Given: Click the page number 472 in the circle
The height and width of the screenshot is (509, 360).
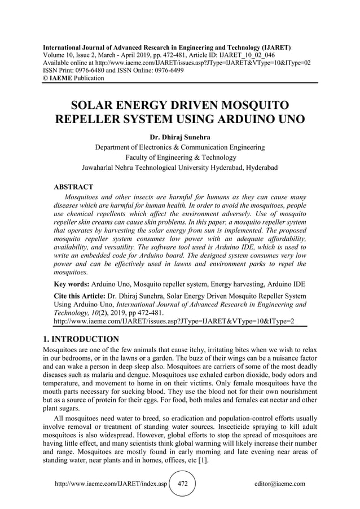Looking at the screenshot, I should (x=182, y=484).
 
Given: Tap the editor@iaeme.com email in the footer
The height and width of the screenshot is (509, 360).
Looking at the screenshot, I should (x=280, y=484).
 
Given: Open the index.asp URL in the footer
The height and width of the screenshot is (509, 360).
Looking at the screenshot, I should (x=111, y=484).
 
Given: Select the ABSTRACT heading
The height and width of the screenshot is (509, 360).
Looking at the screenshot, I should (x=73, y=186).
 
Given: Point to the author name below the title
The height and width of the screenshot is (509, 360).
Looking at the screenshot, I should (x=179, y=137).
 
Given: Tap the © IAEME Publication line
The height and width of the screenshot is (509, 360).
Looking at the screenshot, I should (x=73, y=78).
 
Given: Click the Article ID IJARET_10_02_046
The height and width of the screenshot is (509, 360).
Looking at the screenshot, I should (x=256, y=56).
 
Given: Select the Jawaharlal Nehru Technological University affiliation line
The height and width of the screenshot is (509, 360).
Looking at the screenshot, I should (x=179, y=168).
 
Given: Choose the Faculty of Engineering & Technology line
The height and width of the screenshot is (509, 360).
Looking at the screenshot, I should (x=179, y=157).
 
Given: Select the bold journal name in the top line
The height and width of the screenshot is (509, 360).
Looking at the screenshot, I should (x=167, y=49).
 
